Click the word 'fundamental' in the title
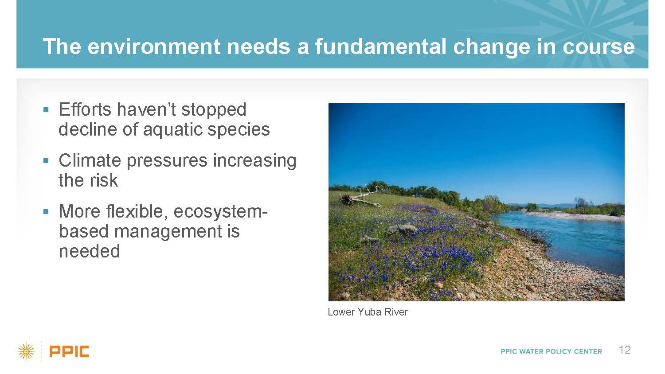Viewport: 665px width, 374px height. coord(381,47)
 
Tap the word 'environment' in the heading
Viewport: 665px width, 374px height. coord(154,47)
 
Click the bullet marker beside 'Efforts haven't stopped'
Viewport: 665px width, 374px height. coord(46,110)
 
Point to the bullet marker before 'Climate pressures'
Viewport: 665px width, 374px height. coord(46,161)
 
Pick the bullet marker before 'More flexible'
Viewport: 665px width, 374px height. coord(46,212)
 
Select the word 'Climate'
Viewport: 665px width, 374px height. coord(90,160)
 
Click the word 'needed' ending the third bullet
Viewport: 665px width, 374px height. coord(90,251)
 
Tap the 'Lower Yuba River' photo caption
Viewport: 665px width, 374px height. coord(368,312)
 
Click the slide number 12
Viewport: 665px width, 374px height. coord(625,350)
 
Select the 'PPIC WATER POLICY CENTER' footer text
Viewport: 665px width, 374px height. coord(552,351)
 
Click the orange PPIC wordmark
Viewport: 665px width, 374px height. coord(69,351)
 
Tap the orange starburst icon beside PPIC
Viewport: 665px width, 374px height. coord(26,352)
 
